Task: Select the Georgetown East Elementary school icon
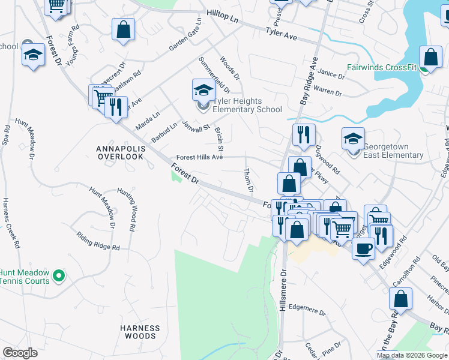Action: pos(353,139)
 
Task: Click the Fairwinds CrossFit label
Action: pos(382,68)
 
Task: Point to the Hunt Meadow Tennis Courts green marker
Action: pos(58,276)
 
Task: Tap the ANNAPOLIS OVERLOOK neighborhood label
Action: pos(120,152)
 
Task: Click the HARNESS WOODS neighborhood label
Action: pos(140,332)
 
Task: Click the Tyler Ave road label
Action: pos(282,37)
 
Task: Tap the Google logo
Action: pos(20,353)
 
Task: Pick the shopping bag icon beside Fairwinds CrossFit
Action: pos(431,58)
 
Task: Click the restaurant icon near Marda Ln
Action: pos(116,108)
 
